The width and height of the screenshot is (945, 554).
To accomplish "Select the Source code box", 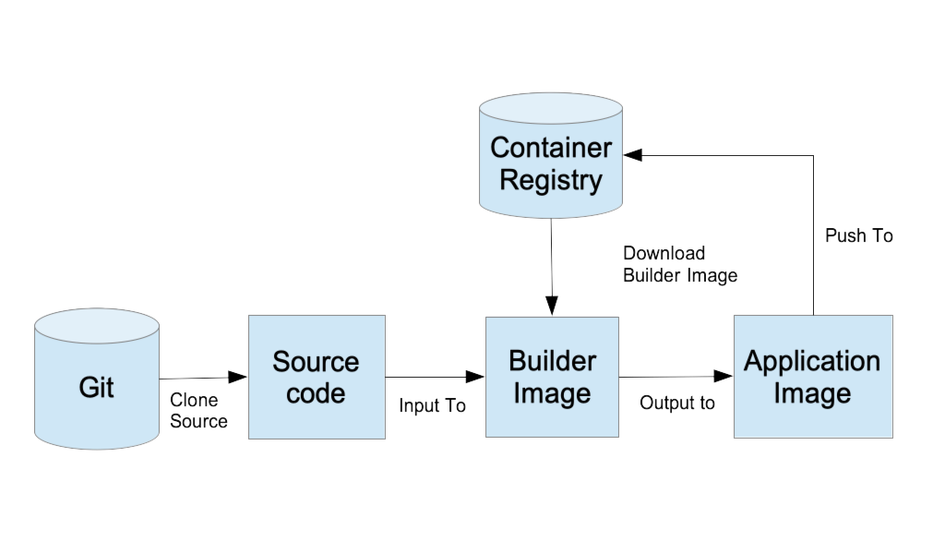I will click(317, 377).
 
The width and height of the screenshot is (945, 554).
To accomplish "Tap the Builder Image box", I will click(552, 377).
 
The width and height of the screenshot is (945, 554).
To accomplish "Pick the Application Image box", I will click(812, 377).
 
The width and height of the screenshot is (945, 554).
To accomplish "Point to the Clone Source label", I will click(197, 412).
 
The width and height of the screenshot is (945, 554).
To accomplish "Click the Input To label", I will click(432, 406).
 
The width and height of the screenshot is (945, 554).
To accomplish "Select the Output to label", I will click(676, 404).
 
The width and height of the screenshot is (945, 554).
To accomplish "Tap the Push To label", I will click(858, 236).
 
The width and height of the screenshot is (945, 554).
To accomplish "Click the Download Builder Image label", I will click(679, 264).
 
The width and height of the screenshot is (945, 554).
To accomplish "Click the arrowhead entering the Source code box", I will click(238, 377).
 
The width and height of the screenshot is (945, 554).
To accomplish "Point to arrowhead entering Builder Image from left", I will click(476, 376).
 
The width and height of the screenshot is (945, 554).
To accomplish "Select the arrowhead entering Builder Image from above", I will click(551, 306).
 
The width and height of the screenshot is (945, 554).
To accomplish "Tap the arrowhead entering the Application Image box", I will click(724, 376).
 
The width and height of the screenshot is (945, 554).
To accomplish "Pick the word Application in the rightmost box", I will click(812, 361).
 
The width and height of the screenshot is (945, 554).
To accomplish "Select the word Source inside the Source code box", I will click(316, 361).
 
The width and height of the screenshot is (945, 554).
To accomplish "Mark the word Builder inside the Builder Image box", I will click(552, 361).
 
